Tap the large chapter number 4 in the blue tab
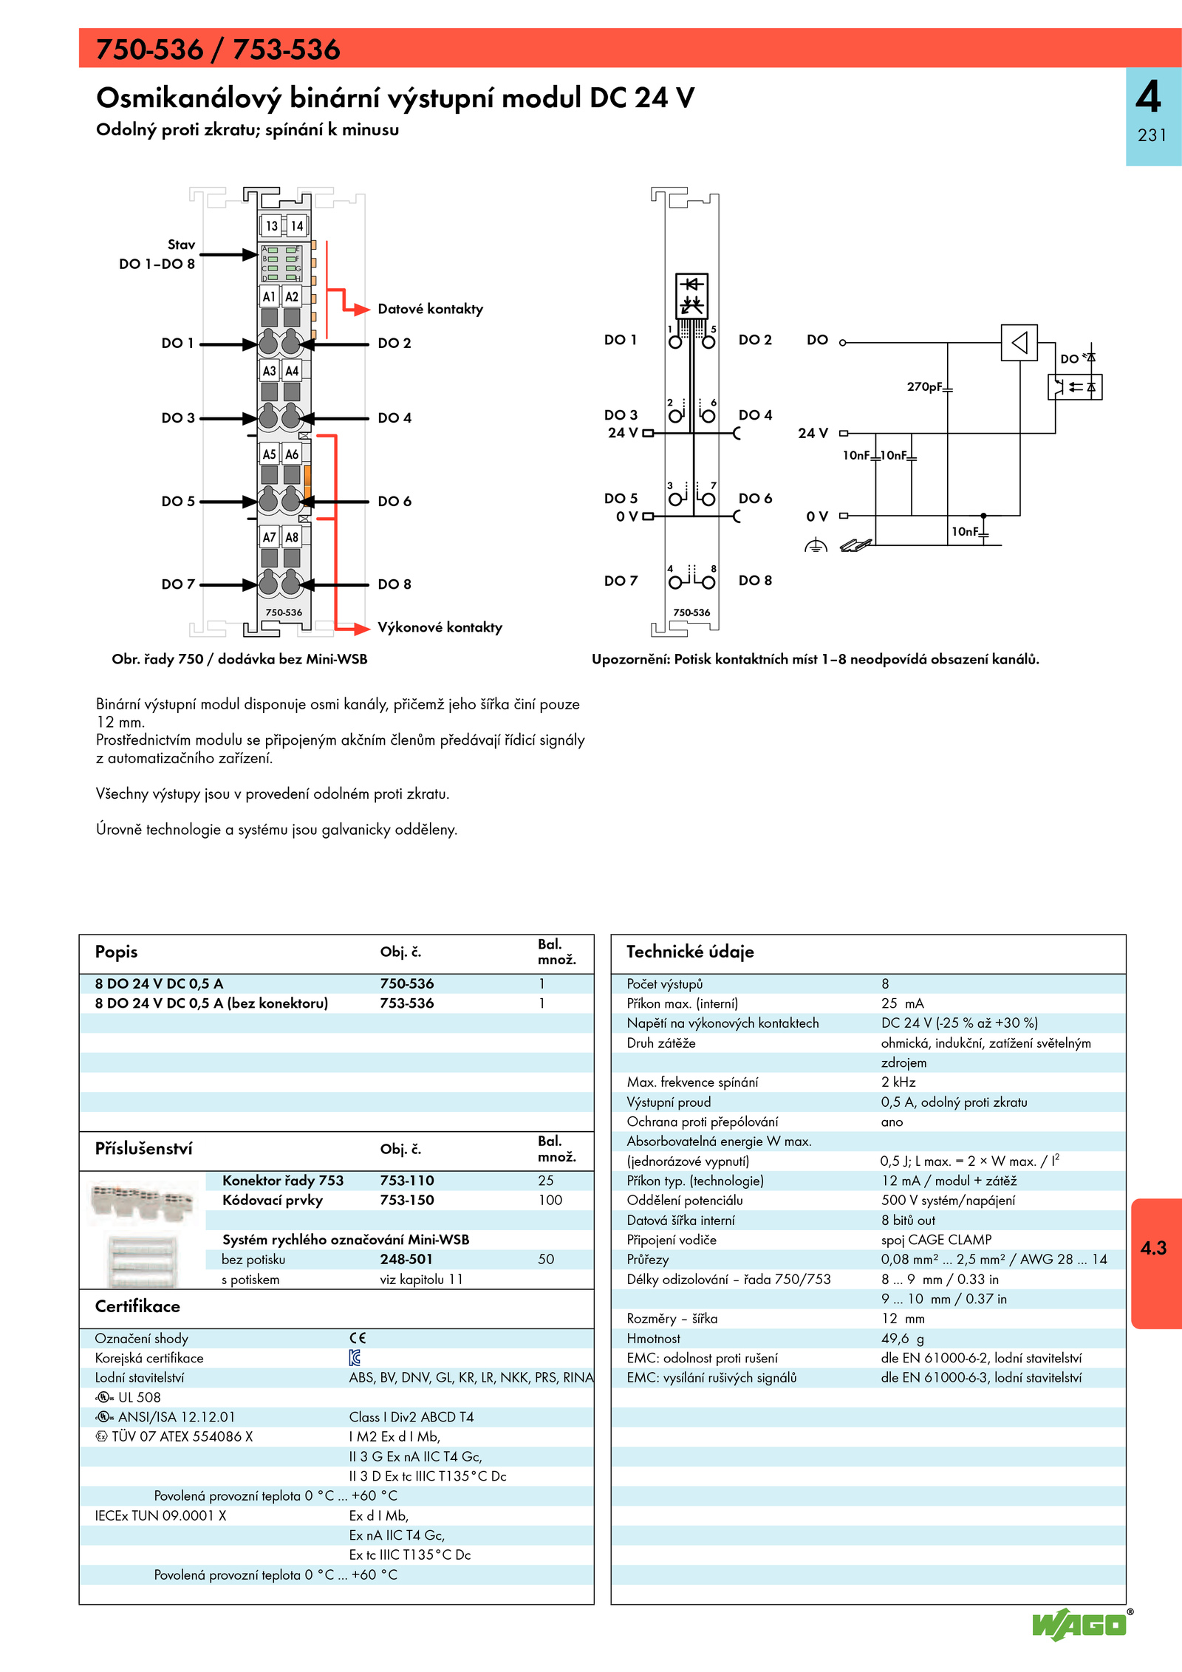[1148, 97]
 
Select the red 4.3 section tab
[1154, 1248]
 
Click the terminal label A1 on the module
[269, 296]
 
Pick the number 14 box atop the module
[296, 225]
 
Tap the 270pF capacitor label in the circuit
[924, 386]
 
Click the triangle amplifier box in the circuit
[1019, 342]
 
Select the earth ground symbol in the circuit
[816, 546]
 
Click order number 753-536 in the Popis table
[406, 1003]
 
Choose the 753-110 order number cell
[406, 1180]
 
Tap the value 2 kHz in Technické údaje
[898, 1082]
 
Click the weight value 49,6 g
[902, 1338]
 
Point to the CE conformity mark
[358, 1338]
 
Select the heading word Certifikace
[137, 1306]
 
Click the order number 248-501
[406, 1259]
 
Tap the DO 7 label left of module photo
[178, 584]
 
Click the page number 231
[1152, 135]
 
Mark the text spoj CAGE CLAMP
[936, 1239]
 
